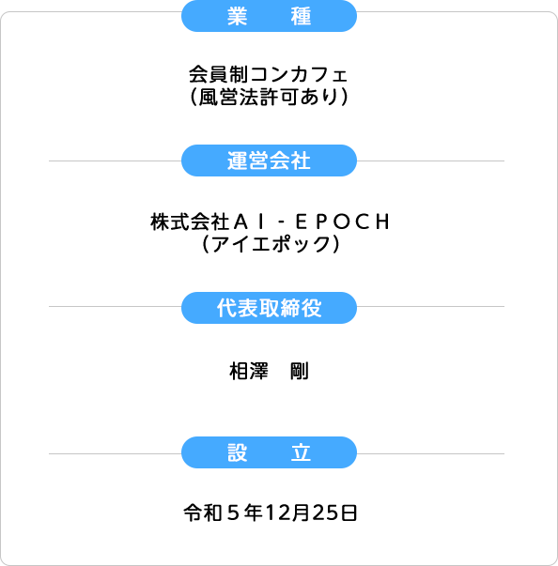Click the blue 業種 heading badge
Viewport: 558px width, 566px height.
click(x=269, y=16)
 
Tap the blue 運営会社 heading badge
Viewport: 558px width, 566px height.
click(x=269, y=161)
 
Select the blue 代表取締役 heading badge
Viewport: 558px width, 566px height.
click(x=269, y=308)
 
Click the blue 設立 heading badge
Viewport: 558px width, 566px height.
click(x=269, y=452)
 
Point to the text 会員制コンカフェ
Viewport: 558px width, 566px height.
click(x=268, y=74)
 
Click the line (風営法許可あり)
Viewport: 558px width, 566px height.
click(x=269, y=97)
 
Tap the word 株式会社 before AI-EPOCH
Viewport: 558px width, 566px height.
click(x=190, y=222)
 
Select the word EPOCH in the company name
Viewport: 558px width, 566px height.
click(x=343, y=222)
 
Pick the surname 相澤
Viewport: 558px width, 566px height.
click(x=249, y=372)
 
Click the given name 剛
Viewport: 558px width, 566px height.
click(x=300, y=372)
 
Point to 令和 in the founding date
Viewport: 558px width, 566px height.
click(x=203, y=512)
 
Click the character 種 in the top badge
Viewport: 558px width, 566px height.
click(x=301, y=16)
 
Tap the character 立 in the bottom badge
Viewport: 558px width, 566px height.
click(x=301, y=452)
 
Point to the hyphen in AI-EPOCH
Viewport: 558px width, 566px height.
click(x=282, y=222)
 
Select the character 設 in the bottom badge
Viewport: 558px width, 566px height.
click(x=238, y=452)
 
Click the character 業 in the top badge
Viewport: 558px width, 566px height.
click(x=238, y=16)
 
